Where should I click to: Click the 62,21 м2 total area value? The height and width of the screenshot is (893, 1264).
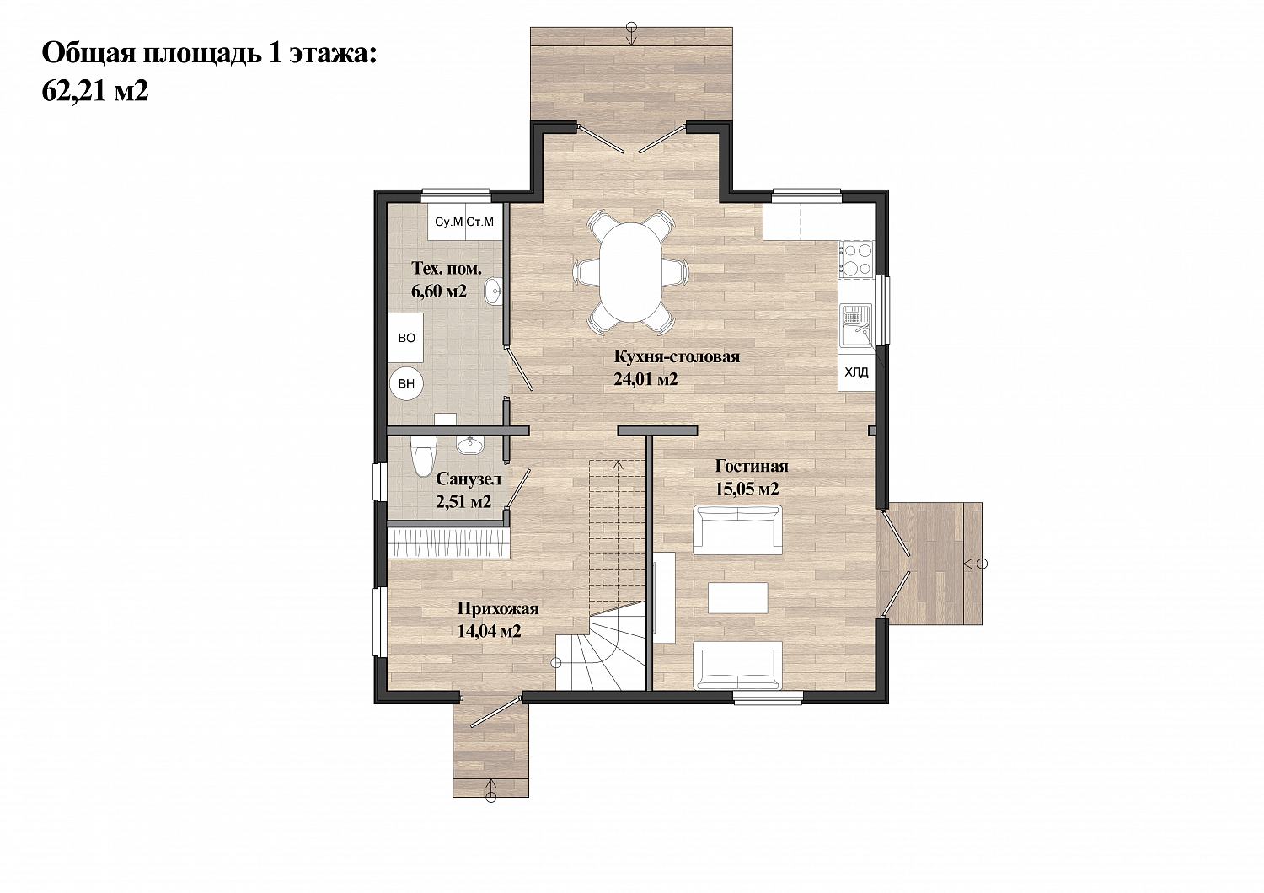click(94, 91)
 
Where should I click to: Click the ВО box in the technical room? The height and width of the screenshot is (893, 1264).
click(406, 338)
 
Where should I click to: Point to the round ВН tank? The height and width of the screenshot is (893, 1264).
click(406, 383)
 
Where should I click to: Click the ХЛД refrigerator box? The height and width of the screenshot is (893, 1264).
click(856, 372)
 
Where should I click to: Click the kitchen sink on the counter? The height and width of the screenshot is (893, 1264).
click(857, 325)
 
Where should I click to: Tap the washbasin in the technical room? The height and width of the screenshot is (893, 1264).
click(493, 291)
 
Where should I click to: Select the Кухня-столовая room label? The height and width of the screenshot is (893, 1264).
click(677, 357)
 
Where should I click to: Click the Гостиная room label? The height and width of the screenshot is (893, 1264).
click(752, 467)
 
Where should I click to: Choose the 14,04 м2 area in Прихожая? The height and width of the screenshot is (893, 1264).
click(489, 631)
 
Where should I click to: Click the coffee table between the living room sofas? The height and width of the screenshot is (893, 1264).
click(738, 598)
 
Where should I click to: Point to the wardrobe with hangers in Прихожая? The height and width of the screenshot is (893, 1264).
click(448, 542)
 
